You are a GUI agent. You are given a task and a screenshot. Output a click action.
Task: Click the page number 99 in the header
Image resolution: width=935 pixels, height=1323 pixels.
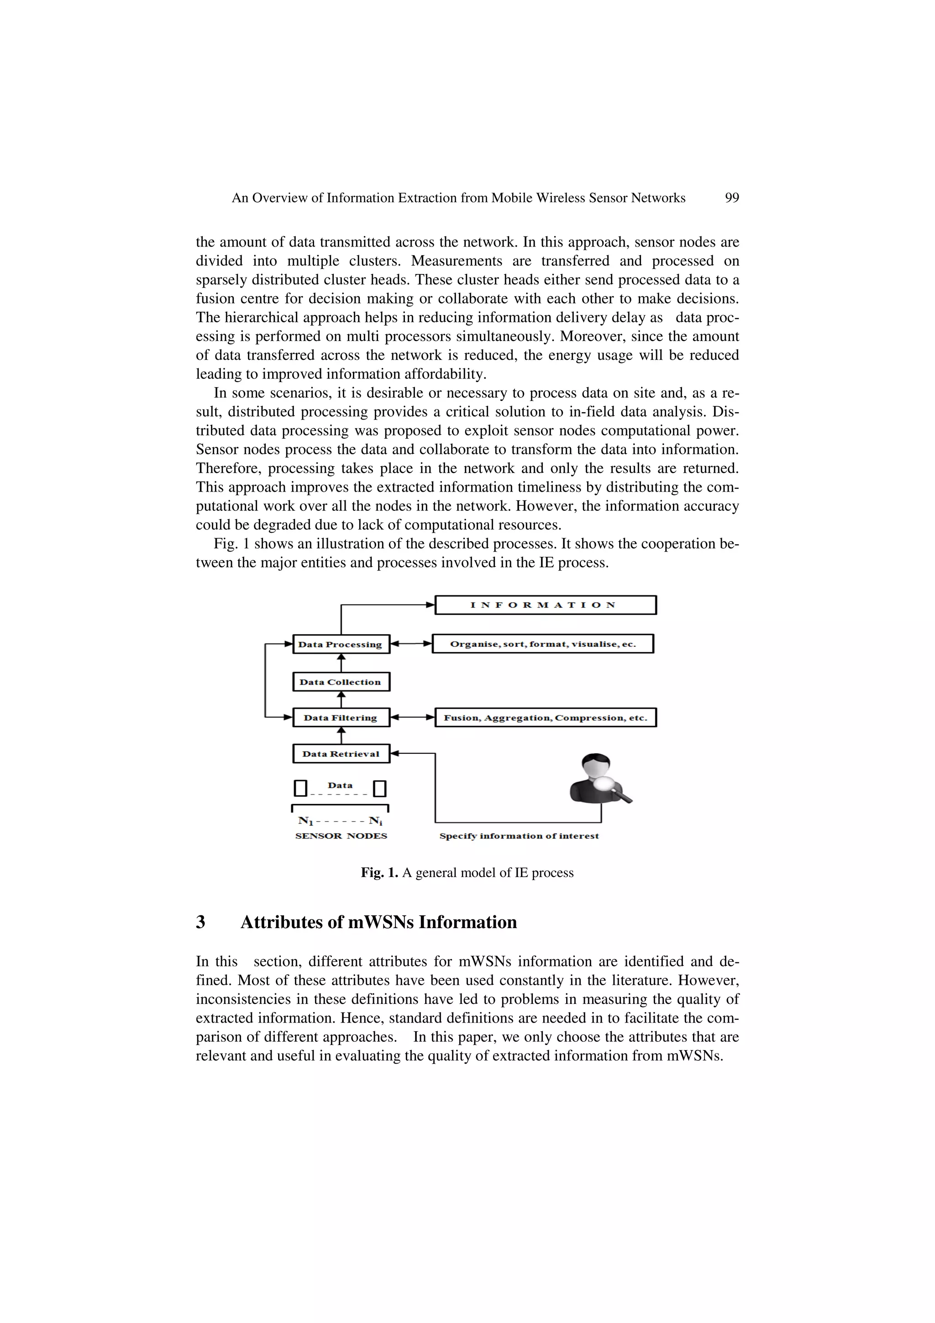point(732,198)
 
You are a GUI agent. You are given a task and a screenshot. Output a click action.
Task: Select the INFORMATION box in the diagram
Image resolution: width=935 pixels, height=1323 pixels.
point(545,605)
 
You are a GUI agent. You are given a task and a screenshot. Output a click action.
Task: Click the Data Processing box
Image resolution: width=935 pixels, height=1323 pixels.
point(341,644)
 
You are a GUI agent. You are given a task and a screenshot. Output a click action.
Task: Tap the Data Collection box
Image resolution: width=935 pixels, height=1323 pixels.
point(341,682)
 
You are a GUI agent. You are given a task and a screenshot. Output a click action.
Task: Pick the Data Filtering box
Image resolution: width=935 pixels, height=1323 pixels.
point(341,717)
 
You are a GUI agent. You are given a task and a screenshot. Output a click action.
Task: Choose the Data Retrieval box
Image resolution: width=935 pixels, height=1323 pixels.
point(341,754)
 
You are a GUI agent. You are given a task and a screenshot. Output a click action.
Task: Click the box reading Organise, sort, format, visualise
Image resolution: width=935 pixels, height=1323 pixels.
point(543,644)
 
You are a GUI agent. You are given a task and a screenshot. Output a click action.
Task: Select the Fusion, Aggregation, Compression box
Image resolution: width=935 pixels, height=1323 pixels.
point(545,717)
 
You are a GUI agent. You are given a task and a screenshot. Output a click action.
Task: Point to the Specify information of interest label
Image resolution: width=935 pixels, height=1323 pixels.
point(519,836)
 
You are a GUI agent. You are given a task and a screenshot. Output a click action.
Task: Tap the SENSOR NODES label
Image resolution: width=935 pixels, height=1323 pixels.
point(341,836)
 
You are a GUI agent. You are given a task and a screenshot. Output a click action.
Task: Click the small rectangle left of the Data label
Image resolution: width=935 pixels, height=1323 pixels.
point(300,788)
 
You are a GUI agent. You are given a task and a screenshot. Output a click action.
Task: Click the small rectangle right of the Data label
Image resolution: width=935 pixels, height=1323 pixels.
point(380,788)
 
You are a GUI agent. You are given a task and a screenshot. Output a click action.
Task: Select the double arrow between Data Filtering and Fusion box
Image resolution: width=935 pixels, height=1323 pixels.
point(412,717)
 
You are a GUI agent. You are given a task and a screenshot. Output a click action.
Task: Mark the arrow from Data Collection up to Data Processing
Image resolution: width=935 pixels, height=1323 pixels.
point(341,663)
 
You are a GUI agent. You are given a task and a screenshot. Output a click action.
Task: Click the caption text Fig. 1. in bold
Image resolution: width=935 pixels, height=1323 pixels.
point(379,873)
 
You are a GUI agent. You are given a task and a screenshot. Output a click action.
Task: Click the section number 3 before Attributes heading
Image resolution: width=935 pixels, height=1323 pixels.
point(200,923)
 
